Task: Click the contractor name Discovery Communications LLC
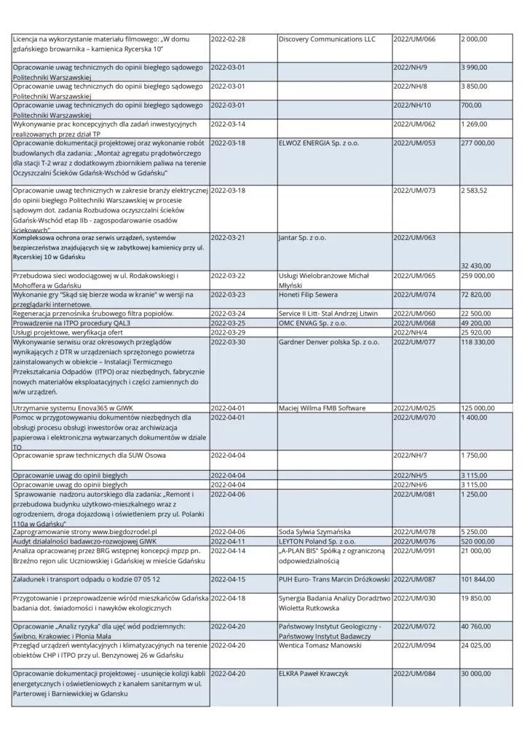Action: click(327, 39)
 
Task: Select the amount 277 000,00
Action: click(478, 143)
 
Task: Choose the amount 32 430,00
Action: click(475, 266)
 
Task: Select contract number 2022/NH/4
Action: click(409, 332)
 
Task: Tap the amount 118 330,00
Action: click(478, 341)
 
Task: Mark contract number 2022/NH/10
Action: click(411, 105)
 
